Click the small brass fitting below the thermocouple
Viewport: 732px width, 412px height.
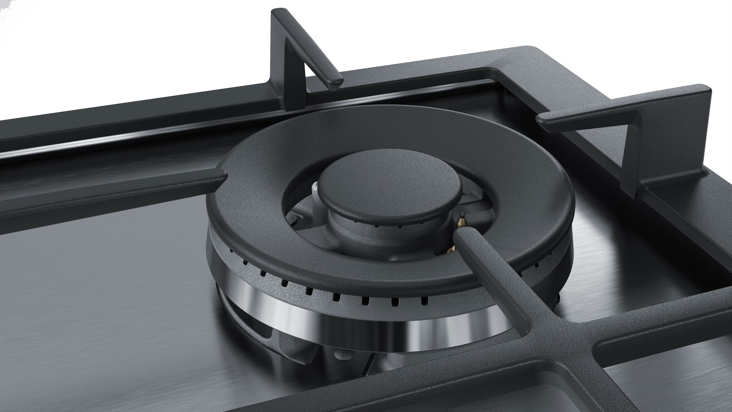[x=451, y=249]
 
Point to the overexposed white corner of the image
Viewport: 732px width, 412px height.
[x=15, y=15]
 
